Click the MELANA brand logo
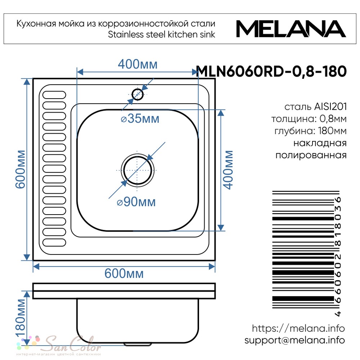coord(291,29)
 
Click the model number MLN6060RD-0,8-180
coord(271,71)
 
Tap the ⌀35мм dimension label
coord(140,119)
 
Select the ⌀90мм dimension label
coord(136,202)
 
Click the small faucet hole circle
coord(138,94)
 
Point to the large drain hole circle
coord(138,170)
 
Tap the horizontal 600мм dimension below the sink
coord(124,274)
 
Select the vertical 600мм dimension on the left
coord(20,170)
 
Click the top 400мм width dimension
coord(138,64)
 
